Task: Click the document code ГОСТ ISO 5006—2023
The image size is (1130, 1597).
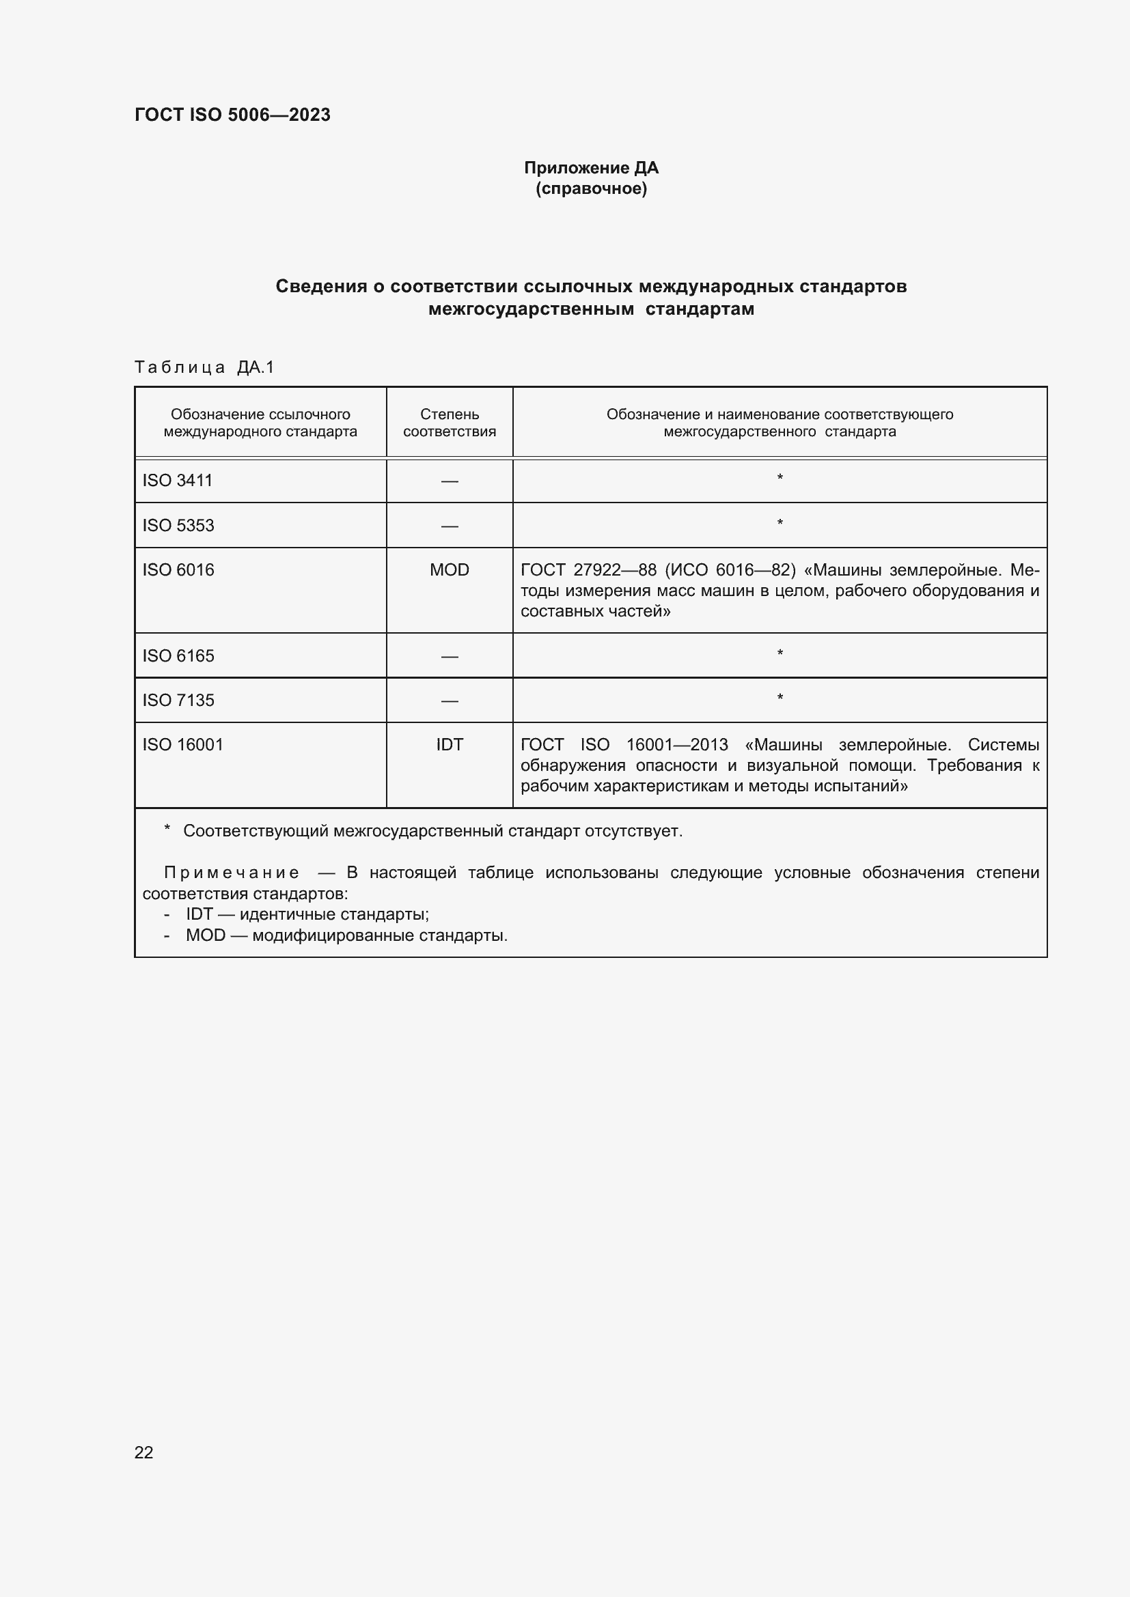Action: click(232, 115)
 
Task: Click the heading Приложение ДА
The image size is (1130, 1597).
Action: click(591, 168)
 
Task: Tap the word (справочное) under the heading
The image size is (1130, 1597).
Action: click(591, 188)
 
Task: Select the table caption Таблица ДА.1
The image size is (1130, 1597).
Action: click(204, 367)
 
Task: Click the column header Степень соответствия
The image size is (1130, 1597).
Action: click(450, 422)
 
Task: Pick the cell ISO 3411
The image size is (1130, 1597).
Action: click(178, 481)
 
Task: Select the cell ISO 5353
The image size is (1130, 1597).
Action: click(178, 525)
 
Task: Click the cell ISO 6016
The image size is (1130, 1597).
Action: click(178, 569)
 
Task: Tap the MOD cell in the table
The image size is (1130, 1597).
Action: click(450, 569)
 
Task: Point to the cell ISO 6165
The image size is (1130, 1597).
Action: click(178, 656)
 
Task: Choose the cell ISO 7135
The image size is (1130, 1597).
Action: click(178, 701)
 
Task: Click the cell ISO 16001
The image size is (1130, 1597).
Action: click(183, 745)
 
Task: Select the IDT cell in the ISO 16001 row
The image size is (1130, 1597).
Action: click(450, 745)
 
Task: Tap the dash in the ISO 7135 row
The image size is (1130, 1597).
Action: click(450, 701)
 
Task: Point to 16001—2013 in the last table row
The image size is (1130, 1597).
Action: click(676, 745)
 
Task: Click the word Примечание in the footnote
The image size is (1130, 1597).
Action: click(232, 873)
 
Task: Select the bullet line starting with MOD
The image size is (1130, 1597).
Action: click(346, 935)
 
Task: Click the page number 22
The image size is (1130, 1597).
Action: click(144, 1452)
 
